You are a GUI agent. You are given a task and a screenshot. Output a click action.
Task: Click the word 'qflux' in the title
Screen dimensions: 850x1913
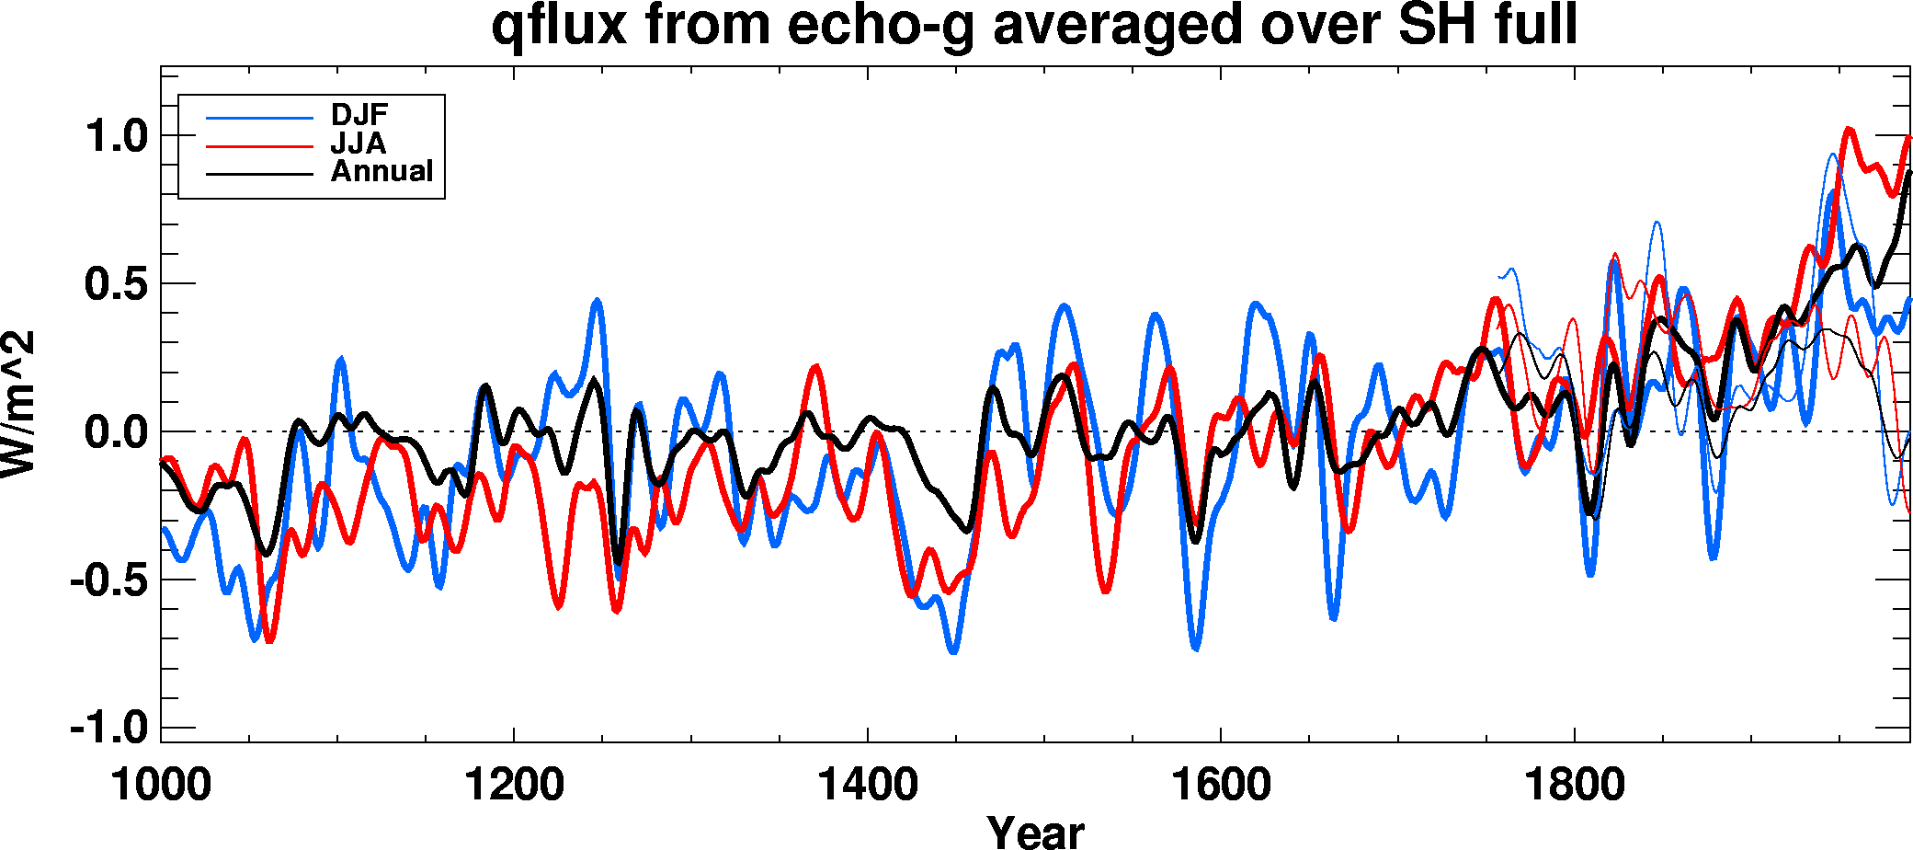click(x=559, y=26)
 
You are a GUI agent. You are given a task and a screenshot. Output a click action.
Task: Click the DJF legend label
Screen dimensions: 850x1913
click(x=359, y=115)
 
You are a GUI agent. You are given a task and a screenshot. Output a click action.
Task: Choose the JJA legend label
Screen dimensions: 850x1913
click(x=359, y=144)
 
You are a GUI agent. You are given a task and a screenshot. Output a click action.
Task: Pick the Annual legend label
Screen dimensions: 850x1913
click(x=381, y=171)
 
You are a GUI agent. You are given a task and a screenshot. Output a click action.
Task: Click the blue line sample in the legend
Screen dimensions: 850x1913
click(x=260, y=118)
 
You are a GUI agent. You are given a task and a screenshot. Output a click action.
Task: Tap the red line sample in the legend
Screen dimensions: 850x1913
click(x=260, y=145)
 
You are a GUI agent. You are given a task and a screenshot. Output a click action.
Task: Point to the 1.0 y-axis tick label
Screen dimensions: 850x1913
click(x=117, y=136)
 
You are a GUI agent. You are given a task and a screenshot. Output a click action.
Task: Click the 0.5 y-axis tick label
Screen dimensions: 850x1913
click(x=117, y=284)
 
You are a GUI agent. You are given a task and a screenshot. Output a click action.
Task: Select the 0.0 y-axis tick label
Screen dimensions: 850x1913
click(x=117, y=432)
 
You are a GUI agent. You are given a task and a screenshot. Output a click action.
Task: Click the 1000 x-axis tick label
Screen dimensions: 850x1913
click(x=161, y=785)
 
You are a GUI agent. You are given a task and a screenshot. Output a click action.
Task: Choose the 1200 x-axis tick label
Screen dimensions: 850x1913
click(x=514, y=785)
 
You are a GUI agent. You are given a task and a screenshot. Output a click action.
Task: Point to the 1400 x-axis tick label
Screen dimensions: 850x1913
click(x=868, y=785)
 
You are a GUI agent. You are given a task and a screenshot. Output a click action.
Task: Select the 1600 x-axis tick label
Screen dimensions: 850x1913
click(x=1221, y=785)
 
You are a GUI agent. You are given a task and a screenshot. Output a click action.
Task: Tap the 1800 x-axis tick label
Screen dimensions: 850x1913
click(x=1575, y=785)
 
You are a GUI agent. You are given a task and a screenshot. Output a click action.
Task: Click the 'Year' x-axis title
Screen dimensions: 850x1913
click(x=1036, y=831)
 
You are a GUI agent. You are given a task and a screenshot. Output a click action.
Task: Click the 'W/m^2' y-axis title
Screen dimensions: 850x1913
click(x=18, y=404)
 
